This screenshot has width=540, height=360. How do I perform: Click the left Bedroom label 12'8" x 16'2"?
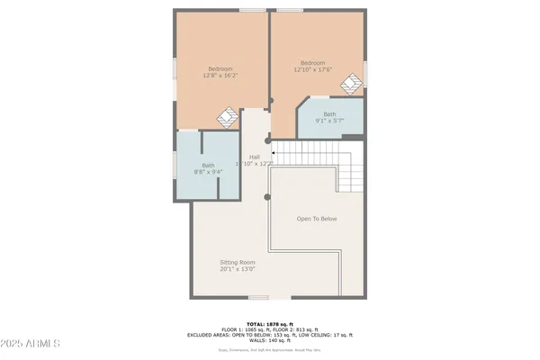point(220,74)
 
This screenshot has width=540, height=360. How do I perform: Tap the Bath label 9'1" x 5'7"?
point(329,117)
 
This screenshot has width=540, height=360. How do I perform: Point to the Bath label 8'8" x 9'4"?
point(208,168)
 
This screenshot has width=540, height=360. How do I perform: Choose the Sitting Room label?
point(238,266)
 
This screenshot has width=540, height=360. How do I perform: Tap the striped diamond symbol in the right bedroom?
point(350,84)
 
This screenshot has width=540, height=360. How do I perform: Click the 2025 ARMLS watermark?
point(31,345)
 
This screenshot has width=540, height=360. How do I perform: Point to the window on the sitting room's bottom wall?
point(259,299)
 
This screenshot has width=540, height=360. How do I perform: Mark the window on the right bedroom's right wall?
point(365,74)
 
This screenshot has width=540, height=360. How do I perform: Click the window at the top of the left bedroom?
point(252,10)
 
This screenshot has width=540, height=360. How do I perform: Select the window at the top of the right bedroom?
point(290,10)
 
